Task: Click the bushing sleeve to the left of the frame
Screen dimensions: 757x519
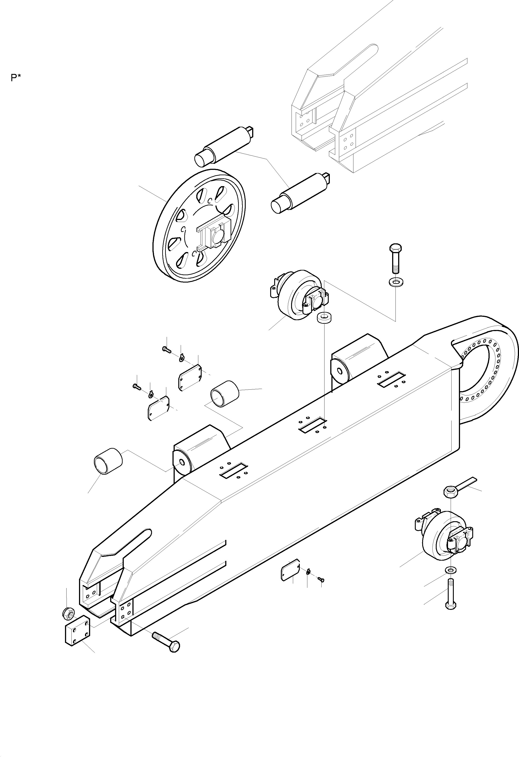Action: click(x=108, y=461)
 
